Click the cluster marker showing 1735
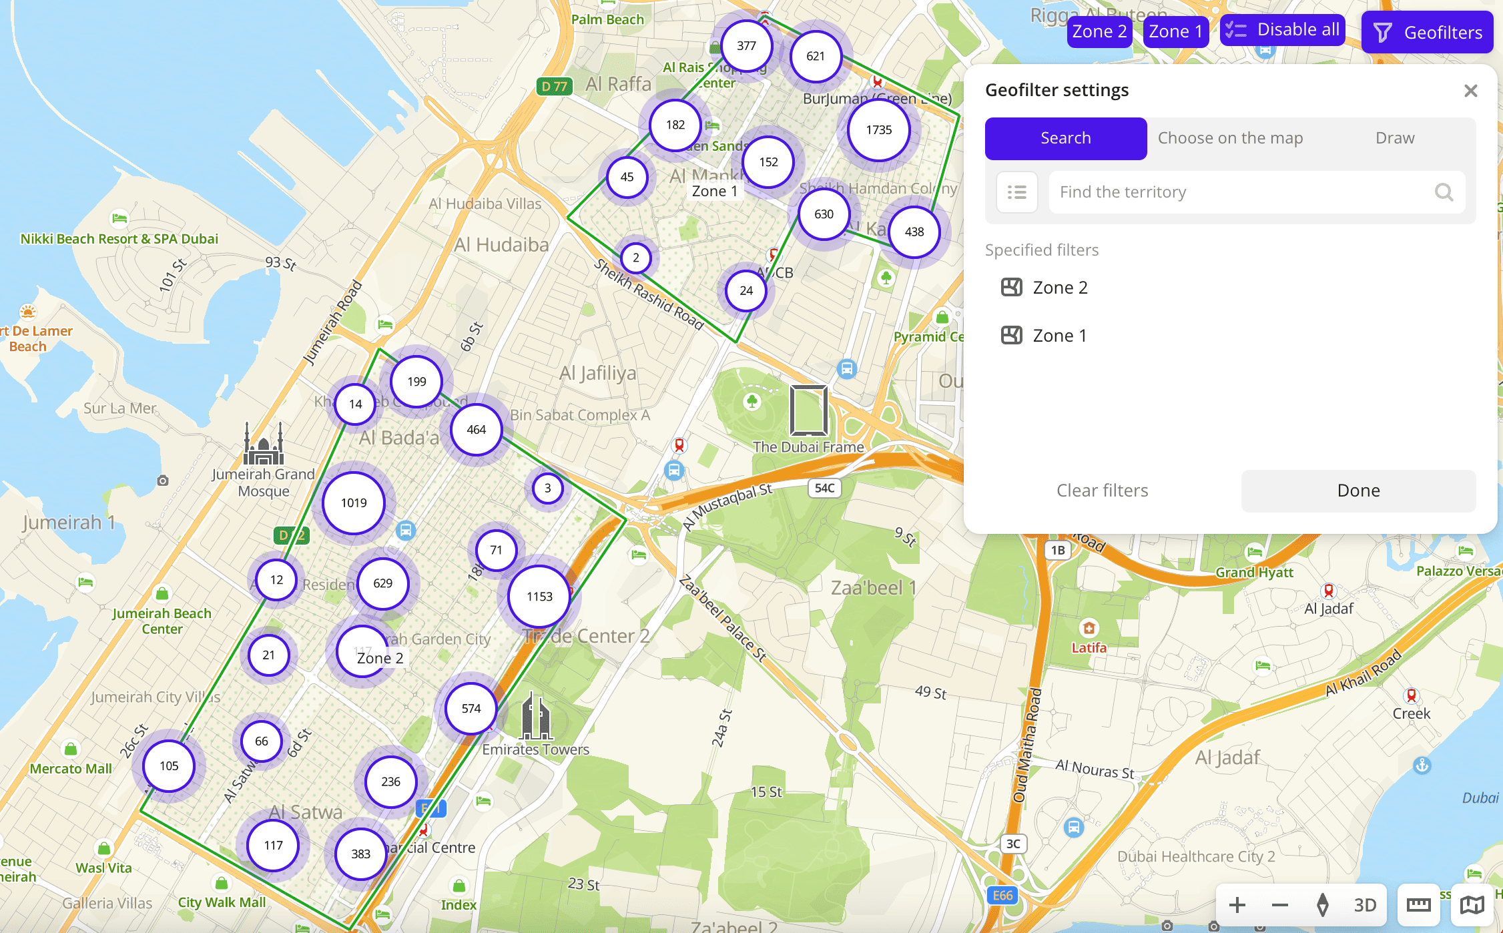click(x=878, y=130)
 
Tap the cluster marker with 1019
click(x=354, y=503)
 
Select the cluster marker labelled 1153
click(x=539, y=597)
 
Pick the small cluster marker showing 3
click(x=547, y=488)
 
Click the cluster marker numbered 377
click(x=746, y=46)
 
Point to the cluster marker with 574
click(x=471, y=709)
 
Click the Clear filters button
click(x=1102, y=491)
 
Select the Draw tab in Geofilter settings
click(x=1394, y=138)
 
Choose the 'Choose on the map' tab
click(x=1229, y=138)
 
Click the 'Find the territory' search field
click(x=1241, y=192)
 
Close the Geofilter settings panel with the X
click(x=1470, y=91)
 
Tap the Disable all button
click(x=1282, y=30)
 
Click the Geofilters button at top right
click(x=1427, y=32)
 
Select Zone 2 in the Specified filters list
click(x=1060, y=288)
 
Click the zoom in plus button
click(x=1237, y=905)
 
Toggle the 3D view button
click(x=1365, y=905)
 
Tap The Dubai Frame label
click(x=808, y=447)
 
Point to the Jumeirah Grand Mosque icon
click(x=264, y=444)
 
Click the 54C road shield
click(x=824, y=488)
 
